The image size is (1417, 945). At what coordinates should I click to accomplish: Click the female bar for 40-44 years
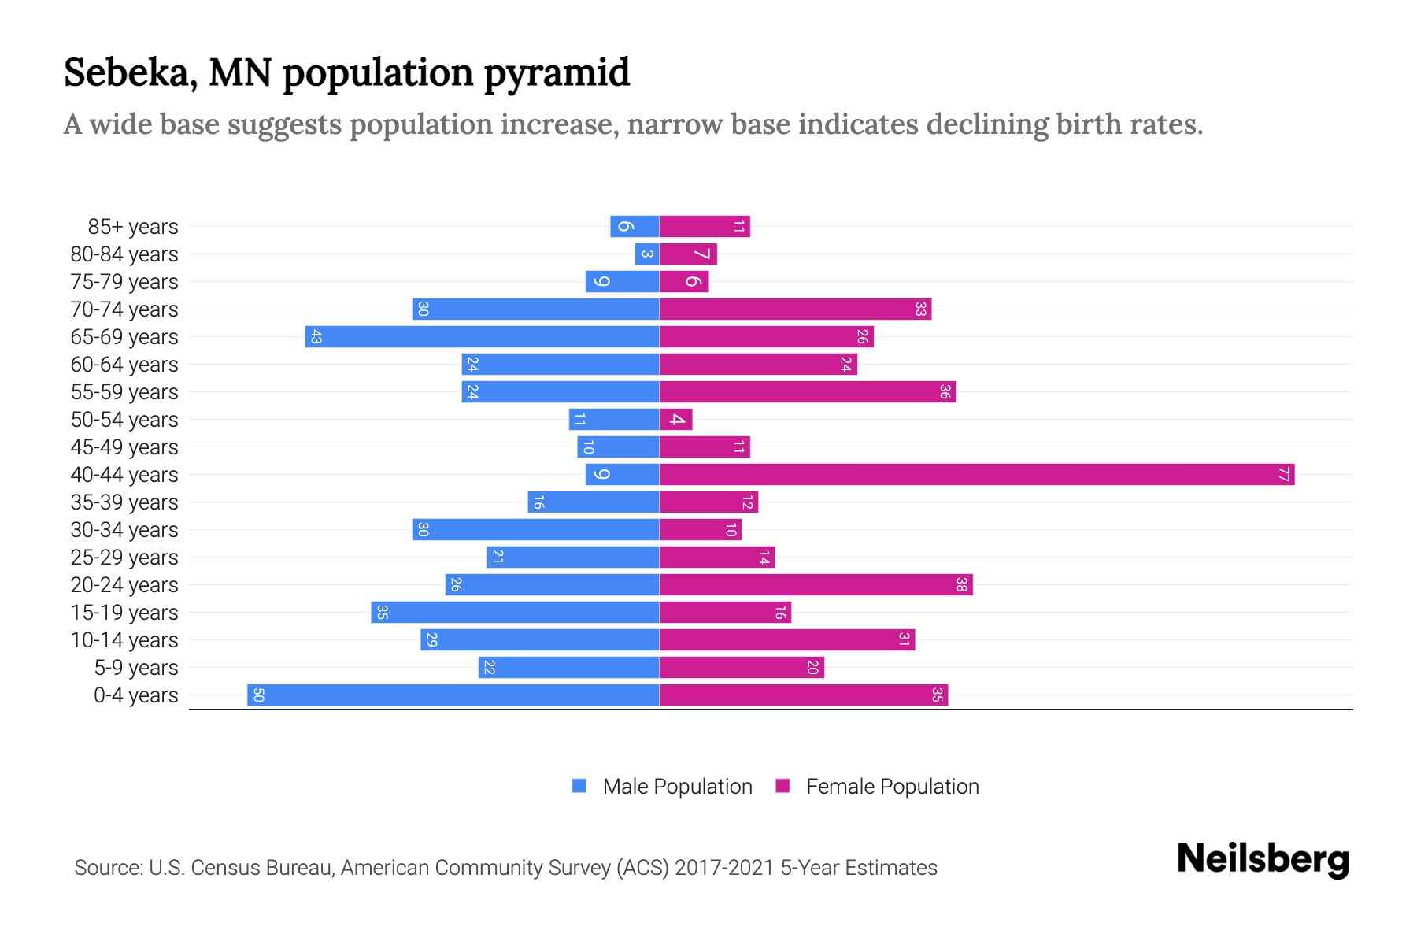tap(976, 474)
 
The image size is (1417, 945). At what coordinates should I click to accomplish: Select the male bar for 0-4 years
tap(453, 695)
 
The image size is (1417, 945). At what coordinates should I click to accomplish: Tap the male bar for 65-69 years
tap(482, 336)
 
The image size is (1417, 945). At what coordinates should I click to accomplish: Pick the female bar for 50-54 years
tap(675, 419)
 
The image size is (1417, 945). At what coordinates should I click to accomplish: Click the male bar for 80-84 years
tap(647, 254)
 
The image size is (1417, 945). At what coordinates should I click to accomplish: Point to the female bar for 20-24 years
tap(816, 584)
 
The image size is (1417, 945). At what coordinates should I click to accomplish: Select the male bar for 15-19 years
tap(515, 612)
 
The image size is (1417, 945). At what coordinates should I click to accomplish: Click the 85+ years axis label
tap(132, 226)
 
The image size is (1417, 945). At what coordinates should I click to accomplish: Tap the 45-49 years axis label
tap(124, 447)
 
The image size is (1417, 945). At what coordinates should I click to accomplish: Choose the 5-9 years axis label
tap(135, 667)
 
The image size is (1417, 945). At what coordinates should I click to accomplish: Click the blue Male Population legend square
tap(579, 786)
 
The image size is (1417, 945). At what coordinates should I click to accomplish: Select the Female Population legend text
tap(892, 786)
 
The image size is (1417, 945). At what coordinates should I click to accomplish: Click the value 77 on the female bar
tap(1283, 474)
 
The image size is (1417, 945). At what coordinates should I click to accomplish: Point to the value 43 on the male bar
tap(316, 337)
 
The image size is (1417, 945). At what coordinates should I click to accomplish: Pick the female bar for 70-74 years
tap(795, 309)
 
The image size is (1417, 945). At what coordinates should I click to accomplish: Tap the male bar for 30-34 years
tap(535, 529)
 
